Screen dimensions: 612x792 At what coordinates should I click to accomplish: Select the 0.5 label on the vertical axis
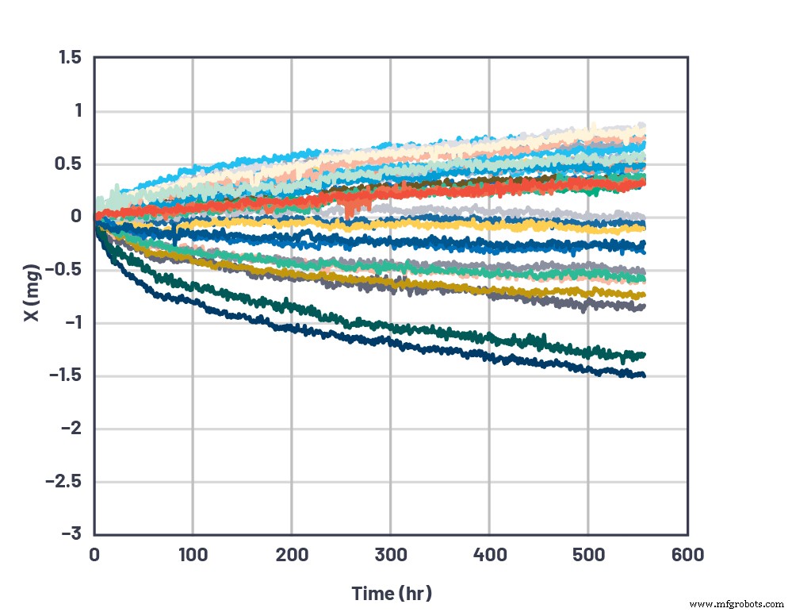click(72, 164)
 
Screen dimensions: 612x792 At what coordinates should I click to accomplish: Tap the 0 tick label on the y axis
click(78, 217)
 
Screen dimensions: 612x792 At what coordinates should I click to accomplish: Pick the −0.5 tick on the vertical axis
click(67, 270)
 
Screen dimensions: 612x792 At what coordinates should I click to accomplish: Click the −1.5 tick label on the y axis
click(67, 375)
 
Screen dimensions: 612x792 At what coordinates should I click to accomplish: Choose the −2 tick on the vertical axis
click(72, 429)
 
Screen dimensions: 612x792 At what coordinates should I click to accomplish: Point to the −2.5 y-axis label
click(66, 481)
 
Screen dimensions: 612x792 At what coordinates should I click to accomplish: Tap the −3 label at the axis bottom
click(72, 533)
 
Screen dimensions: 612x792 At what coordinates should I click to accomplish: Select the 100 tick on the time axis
click(193, 554)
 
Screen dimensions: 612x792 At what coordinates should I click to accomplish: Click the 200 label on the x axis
click(291, 554)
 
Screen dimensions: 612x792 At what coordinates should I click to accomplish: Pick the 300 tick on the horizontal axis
click(390, 554)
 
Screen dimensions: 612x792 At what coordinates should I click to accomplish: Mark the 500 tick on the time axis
click(587, 554)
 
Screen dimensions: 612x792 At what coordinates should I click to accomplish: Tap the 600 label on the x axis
click(687, 554)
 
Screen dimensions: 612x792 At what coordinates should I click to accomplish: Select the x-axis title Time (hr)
click(392, 593)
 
